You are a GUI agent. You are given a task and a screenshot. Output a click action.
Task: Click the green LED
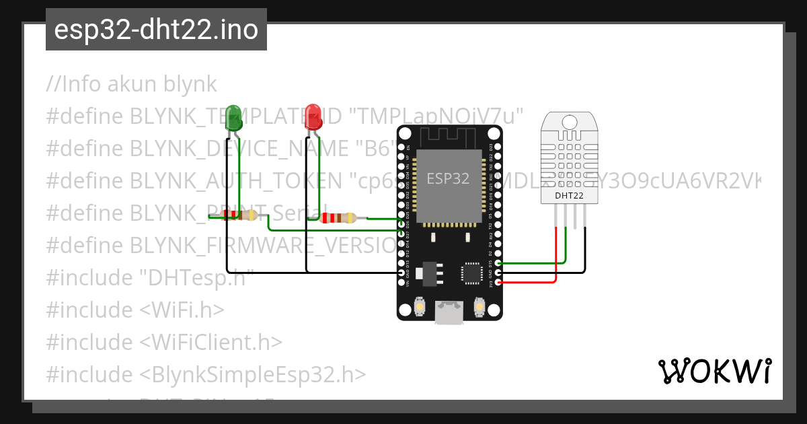click(233, 117)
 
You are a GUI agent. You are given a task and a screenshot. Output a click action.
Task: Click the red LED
click(313, 117)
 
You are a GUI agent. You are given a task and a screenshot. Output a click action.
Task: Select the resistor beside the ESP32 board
click(338, 217)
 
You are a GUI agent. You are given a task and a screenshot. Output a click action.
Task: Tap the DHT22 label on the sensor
click(569, 196)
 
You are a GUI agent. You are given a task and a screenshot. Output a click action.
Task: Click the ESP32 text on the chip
click(448, 178)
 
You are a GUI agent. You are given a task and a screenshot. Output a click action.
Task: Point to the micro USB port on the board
click(449, 312)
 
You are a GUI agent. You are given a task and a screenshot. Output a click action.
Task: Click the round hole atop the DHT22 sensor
click(569, 122)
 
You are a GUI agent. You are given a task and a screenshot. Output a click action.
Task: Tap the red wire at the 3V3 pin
click(531, 282)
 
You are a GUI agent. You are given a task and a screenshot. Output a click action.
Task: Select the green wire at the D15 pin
click(531, 263)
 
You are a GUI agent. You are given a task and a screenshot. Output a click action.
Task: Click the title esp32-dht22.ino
click(156, 30)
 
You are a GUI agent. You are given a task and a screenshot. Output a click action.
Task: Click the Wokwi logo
click(714, 371)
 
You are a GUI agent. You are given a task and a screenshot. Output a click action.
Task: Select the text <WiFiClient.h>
click(210, 342)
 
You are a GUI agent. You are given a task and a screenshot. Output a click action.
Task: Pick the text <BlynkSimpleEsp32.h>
click(253, 374)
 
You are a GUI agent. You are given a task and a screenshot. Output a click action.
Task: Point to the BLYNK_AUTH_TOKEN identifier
click(235, 181)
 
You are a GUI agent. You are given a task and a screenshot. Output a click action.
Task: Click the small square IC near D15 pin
click(471, 273)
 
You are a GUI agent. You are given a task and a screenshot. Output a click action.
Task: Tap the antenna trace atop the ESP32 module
click(449, 137)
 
